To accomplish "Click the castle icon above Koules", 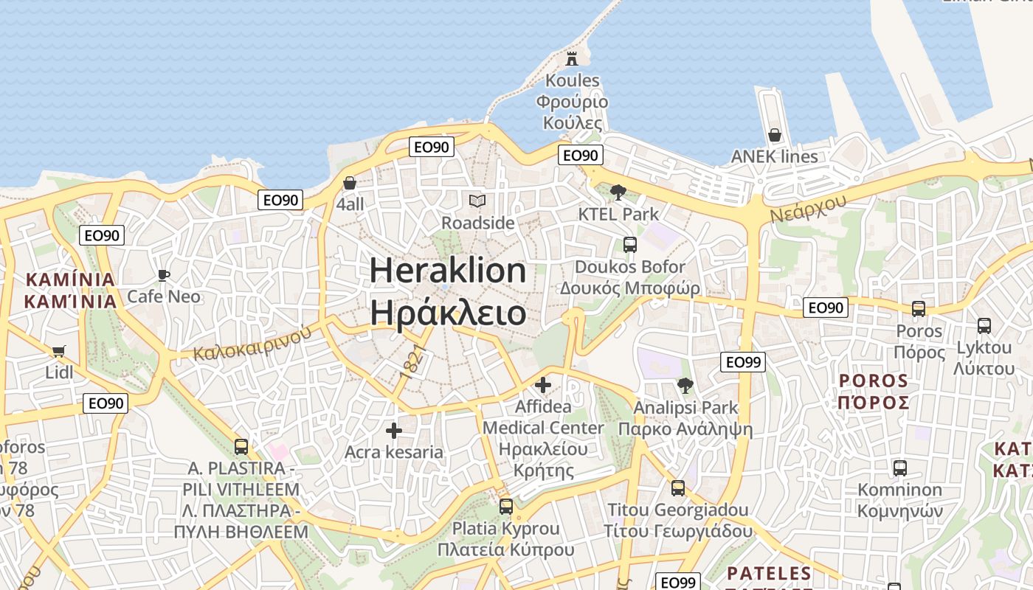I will click(572, 58).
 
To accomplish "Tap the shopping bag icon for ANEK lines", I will click(774, 135).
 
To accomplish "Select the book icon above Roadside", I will click(477, 201).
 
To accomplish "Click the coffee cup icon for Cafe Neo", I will click(163, 275).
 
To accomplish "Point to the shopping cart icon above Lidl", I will click(58, 351).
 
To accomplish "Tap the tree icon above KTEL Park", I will click(618, 192).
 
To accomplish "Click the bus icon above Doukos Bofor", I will click(629, 245).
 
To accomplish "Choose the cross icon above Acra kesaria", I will click(394, 430).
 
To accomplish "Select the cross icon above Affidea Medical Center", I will click(543, 384).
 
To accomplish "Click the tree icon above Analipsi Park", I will click(685, 385).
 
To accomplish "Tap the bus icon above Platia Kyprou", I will click(505, 507).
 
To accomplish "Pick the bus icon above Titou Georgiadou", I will click(677, 487).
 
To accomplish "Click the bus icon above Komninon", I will click(899, 468).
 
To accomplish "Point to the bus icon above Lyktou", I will click(984, 325).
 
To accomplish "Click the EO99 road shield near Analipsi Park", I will click(743, 362).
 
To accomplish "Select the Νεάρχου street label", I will click(808, 204).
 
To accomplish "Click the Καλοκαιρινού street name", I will click(252, 344).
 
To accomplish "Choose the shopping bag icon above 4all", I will click(350, 183).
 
